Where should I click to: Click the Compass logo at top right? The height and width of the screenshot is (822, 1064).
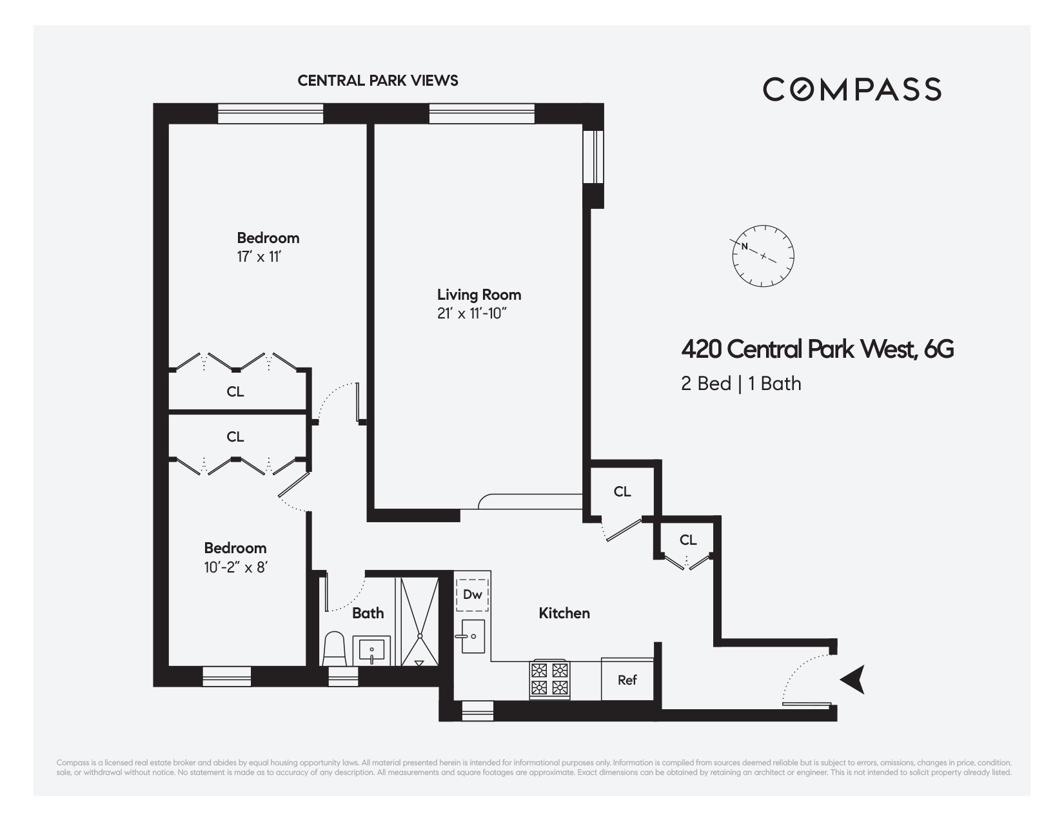pyautogui.click(x=852, y=89)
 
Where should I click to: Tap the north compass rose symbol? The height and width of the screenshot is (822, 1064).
pyautogui.click(x=763, y=257)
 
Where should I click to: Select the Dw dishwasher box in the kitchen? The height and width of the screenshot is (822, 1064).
pyautogui.click(x=473, y=594)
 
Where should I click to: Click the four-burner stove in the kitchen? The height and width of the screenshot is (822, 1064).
pyautogui.click(x=550, y=679)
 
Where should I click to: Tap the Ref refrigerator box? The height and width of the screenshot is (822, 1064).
pyautogui.click(x=627, y=680)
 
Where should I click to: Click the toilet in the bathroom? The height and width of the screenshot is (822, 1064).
pyautogui.click(x=335, y=649)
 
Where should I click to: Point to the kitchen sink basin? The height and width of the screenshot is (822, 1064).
pyautogui.click(x=473, y=636)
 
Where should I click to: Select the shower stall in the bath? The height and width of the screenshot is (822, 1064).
pyautogui.click(x=419, y=621)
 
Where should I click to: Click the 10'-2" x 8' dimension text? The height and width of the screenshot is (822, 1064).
pyautogui.click(x=235, y=567)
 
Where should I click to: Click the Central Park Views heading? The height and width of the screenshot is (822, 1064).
pyautogui.click(x=378, y=81)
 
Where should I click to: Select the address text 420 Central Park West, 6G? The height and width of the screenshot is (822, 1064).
pyautogui.click(x=817, y=349)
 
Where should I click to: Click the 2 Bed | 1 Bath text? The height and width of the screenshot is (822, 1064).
pyautogui.click(x=741, y=384)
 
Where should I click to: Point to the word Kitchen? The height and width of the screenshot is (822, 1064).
pyautogui.click(x=564, y=613)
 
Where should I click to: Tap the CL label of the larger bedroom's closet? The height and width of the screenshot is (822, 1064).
pyautogui.click(x=235, y=391)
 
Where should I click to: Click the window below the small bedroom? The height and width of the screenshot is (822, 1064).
pyautogui.click(x=226, y=676)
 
